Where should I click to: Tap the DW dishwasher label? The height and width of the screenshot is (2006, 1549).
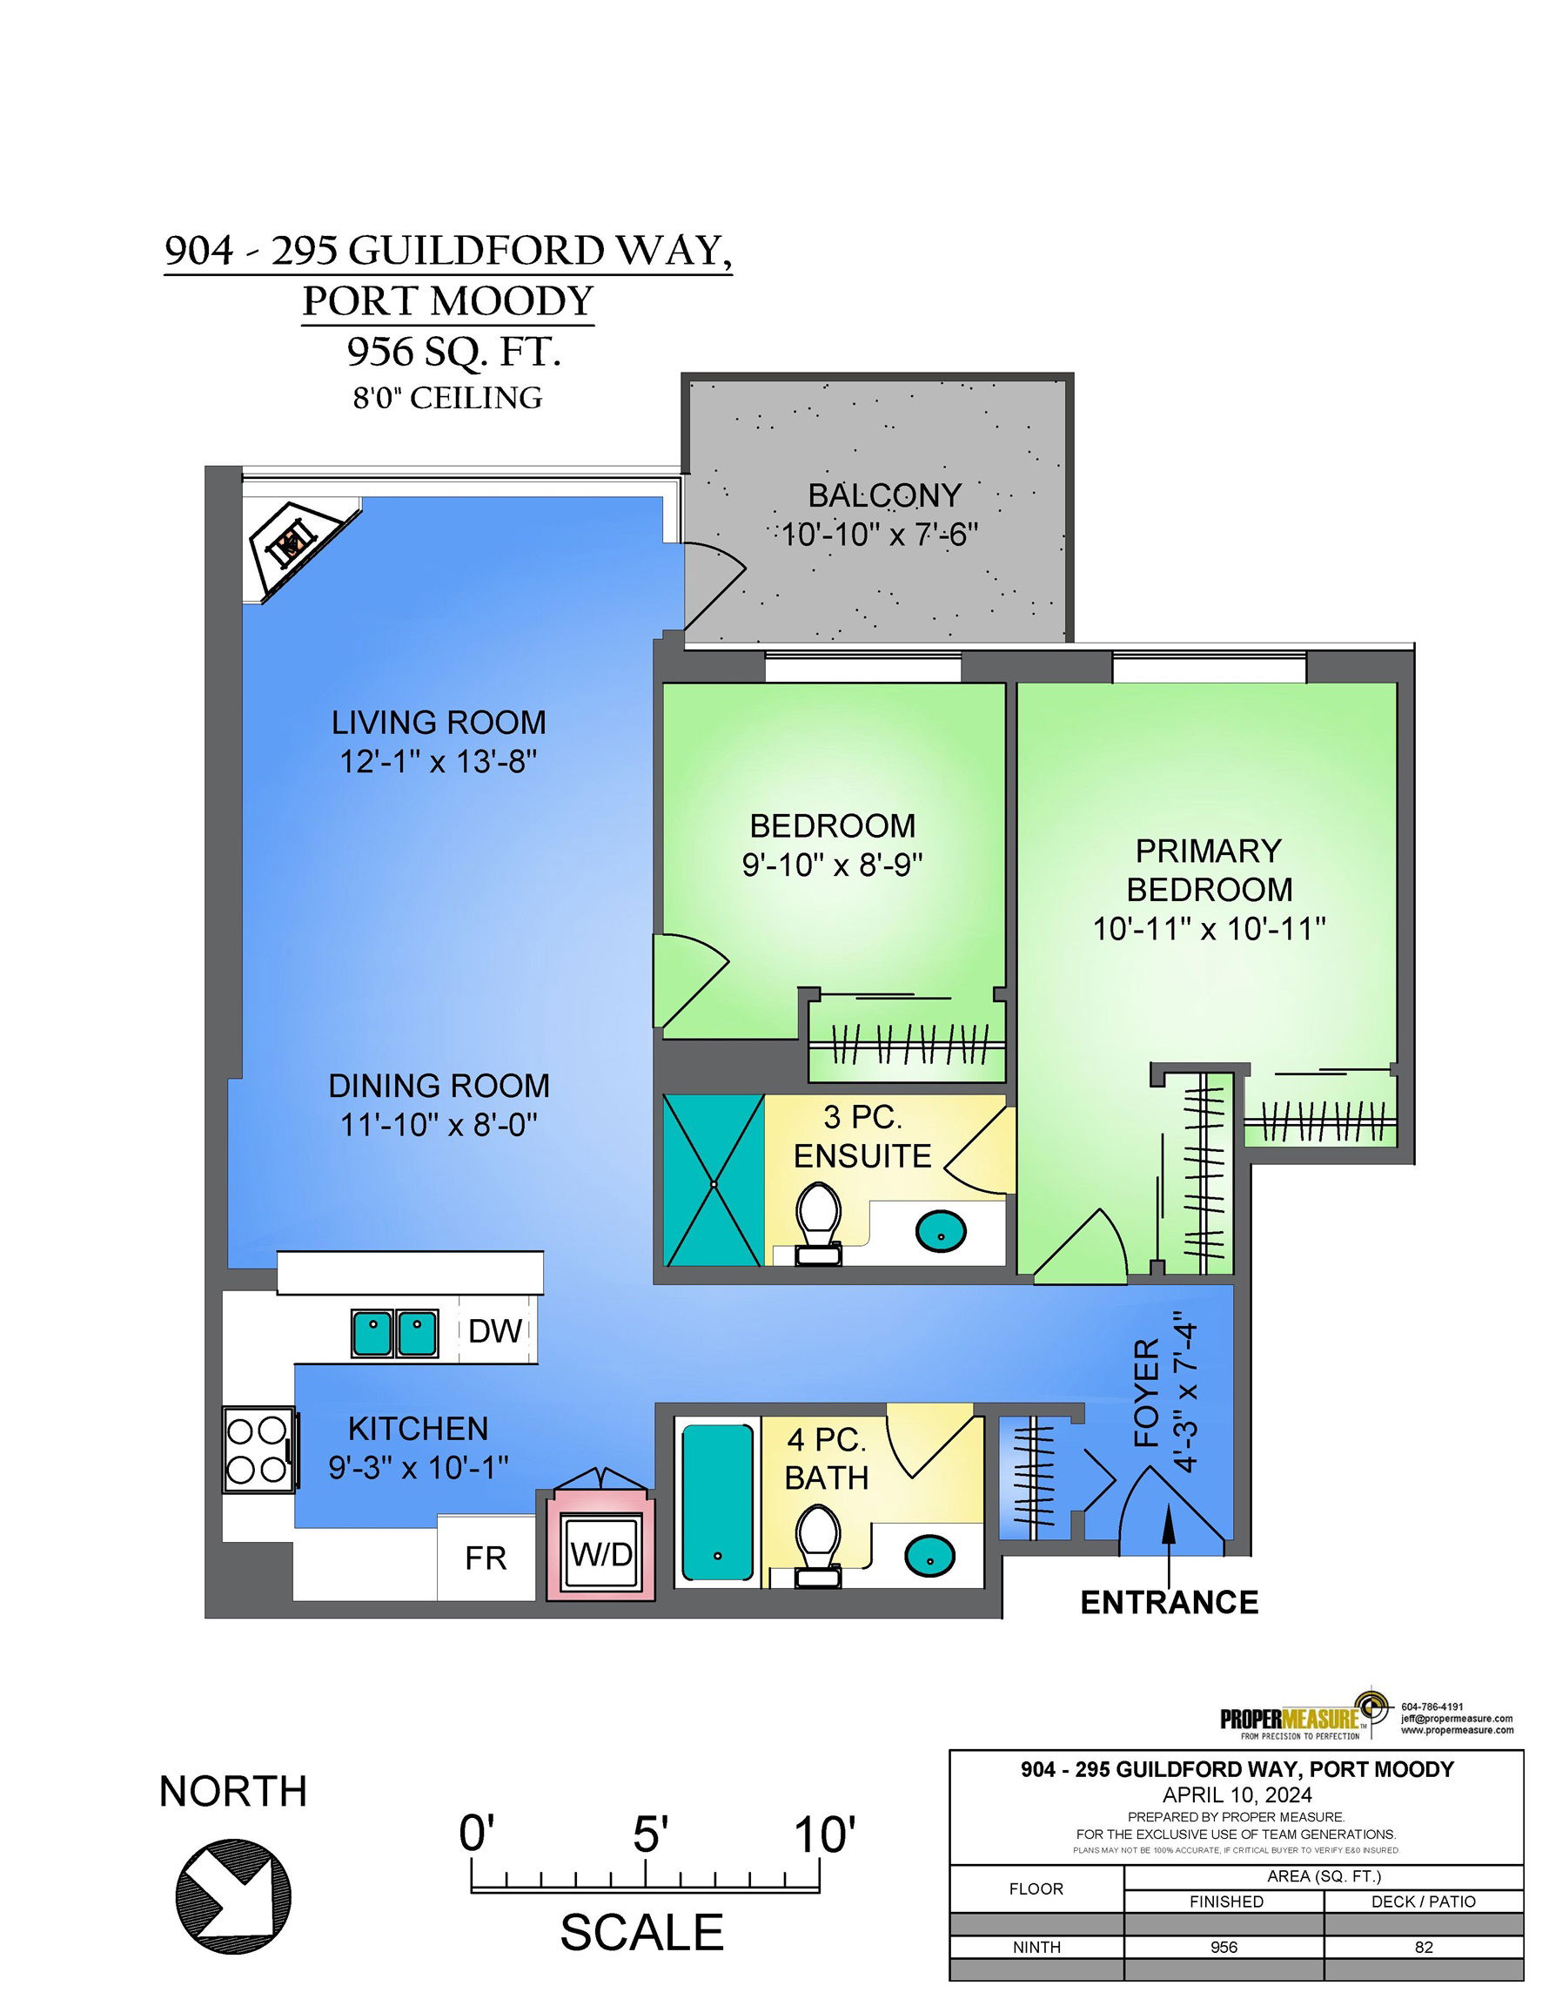coord(495,1332)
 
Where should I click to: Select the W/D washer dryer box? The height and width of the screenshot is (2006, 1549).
coord(601,1554)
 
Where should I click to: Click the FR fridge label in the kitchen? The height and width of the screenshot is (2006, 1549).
coord(486,1558)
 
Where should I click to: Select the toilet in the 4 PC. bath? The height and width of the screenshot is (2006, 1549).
coord(818,1545)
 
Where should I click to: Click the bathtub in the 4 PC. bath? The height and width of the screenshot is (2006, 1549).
coord(718,1502)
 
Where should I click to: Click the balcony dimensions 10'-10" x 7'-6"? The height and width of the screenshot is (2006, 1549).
coord(881,534)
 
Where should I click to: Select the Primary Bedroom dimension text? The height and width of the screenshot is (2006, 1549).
coord(1210,929)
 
